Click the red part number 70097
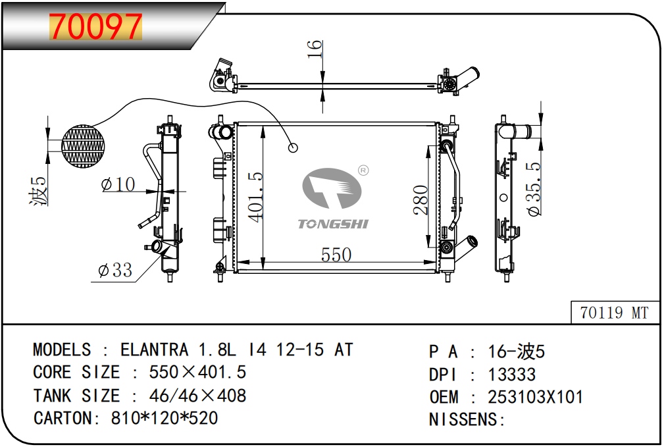tap(95, 26)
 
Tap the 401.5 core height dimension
tap(256, 197)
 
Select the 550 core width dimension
tap(336, 255)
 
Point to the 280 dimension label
tap(421, 200)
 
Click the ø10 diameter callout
tap(118, 184)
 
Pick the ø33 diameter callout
tap(115, 270)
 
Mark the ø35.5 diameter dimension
tap(534, 189)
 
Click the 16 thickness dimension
tap(315, 49)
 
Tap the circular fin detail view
tap(83, 146)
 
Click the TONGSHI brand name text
tap(333, 224)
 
